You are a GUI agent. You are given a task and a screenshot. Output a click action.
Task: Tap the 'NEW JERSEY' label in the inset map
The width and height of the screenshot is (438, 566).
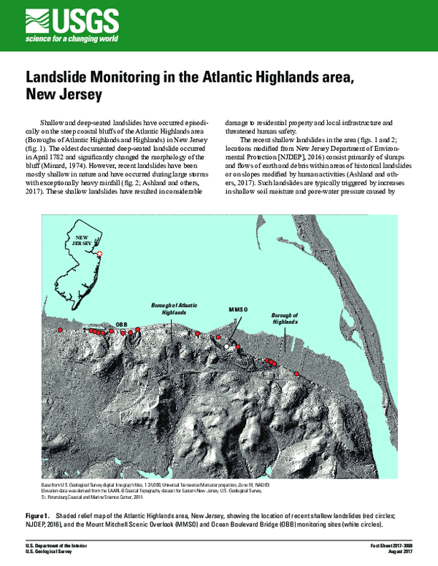(82, 241)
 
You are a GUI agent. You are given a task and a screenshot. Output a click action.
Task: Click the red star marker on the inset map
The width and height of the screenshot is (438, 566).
(101, 253)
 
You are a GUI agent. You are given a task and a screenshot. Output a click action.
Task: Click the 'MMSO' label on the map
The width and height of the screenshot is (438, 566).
(239, 310)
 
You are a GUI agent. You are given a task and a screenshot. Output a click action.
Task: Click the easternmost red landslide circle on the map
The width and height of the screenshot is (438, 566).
(297, 373)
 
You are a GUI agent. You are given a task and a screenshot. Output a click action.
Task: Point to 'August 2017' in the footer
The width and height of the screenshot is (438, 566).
(399, 553)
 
